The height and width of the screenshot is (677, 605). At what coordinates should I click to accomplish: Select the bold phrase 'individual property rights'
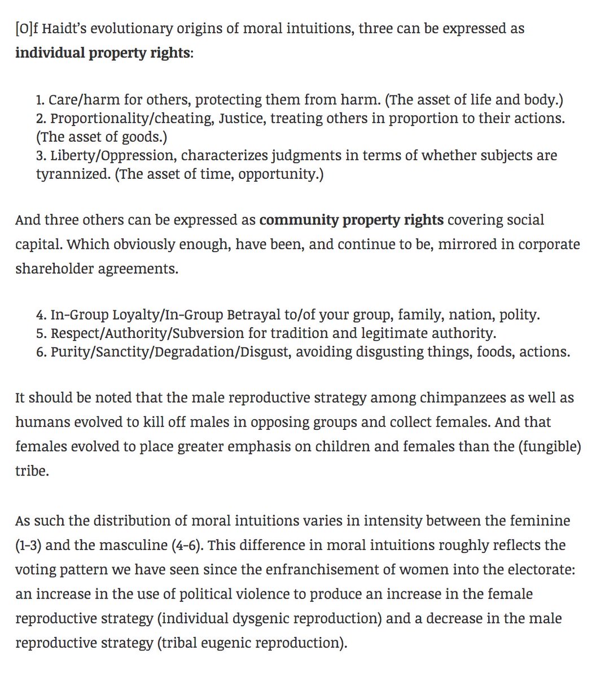pyautogui.click(x=102, y=53)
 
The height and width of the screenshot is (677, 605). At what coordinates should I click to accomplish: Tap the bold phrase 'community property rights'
pyautogui.click(x=351, y=219)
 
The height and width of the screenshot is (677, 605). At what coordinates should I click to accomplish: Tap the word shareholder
pyautogui.click(x=54, y=269)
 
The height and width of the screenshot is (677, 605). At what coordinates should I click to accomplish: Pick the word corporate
pyautogui.click(x=540, y=244)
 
